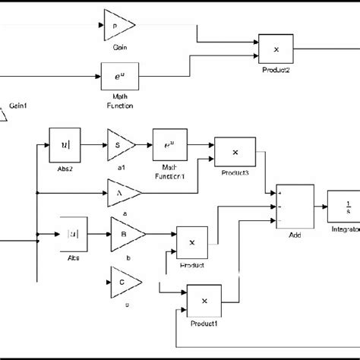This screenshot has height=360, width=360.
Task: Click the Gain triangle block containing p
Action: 117,27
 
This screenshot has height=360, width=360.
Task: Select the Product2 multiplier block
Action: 276,49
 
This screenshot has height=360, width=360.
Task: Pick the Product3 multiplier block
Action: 235,153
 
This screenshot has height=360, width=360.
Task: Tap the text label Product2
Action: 276,69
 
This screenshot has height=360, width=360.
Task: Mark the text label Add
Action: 294,236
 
